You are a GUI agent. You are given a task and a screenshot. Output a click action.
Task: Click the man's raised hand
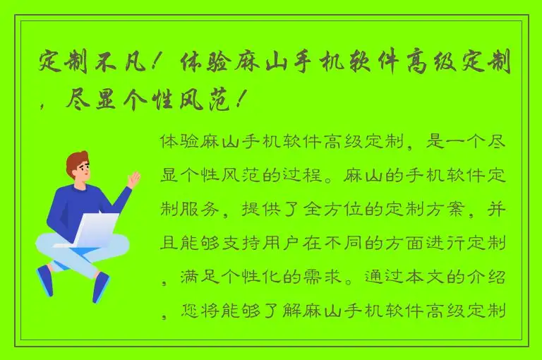click(133, 178)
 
